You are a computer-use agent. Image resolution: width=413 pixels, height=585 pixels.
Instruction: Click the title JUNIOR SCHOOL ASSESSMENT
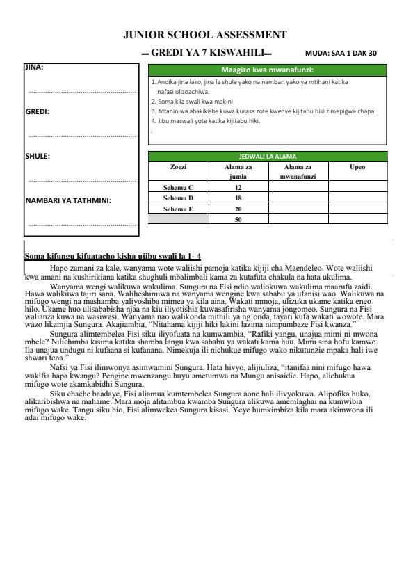point(204,34)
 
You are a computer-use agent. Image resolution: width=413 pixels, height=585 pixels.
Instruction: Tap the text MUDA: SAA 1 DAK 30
point(341,53)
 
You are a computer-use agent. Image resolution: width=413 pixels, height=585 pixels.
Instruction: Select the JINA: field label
point(34,67)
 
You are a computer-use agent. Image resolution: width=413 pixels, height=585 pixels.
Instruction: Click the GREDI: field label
point(37,111)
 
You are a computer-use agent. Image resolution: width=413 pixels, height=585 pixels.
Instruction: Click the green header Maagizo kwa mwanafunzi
point(267,70)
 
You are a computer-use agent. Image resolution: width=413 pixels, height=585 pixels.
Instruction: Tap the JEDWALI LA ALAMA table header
point(267,156)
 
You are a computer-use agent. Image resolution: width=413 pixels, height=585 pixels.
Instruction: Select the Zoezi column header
point(178,167)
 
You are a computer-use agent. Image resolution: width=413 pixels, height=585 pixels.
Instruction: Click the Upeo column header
point(357,167)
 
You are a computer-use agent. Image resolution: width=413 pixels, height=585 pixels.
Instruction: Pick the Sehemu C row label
point(178,188)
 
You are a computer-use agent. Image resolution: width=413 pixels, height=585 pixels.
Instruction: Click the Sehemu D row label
point(178,198)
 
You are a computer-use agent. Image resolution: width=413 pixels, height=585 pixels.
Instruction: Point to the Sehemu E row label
point(178,209)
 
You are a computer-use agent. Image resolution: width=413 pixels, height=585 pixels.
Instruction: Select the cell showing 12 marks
point(238,188)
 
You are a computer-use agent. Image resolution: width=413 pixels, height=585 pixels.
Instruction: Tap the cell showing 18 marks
point(238,198)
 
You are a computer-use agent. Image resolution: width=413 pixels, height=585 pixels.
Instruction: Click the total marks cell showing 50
point(238,219)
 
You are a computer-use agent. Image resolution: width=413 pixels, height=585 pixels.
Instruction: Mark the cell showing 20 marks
point(238,209)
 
